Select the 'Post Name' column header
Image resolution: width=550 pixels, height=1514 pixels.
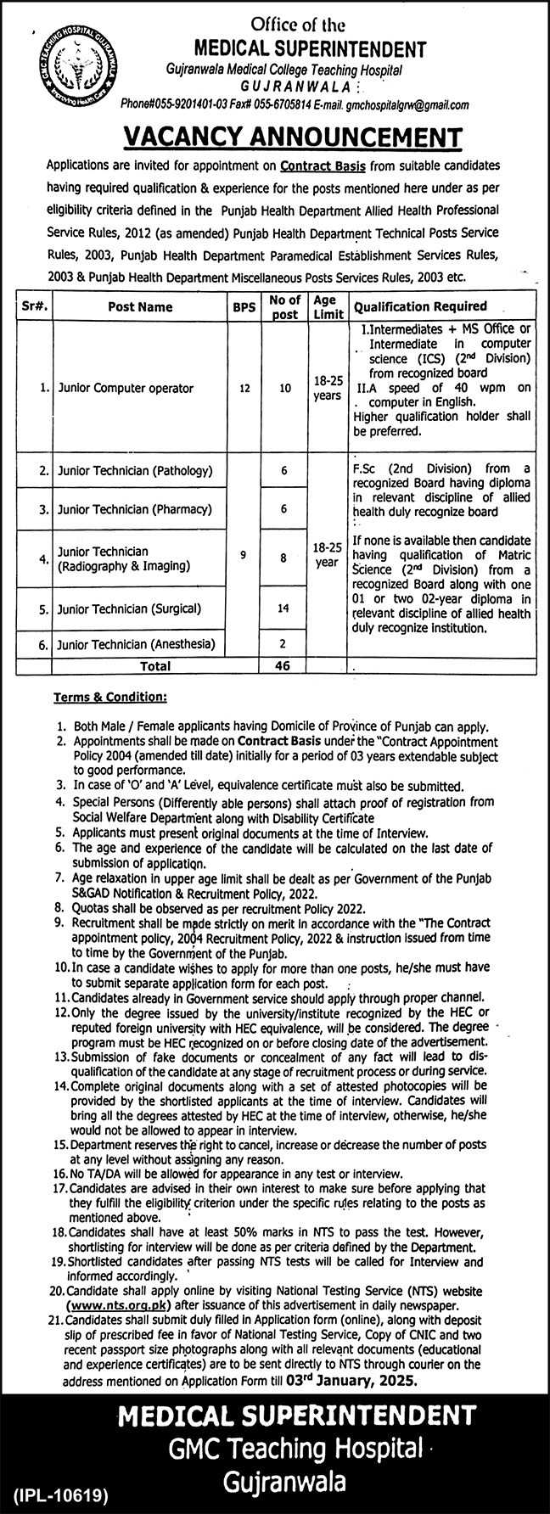(x=140, y=307)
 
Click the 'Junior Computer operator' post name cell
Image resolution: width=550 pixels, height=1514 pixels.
(x=126, y=388)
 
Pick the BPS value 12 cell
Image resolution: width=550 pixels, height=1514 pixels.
(x=244, y=388)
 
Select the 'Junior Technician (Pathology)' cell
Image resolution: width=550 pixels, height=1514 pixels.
(x=134, y=469)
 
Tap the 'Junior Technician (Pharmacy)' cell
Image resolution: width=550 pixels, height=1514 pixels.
(x=134, y=510)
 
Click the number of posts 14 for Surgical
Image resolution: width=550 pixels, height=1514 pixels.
(x=283, y=608)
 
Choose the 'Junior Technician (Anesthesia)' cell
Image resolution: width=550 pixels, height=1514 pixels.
(x=136, y=644)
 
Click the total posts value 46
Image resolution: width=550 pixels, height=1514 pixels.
(x=283, y=665)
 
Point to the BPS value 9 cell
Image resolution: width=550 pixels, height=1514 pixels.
(x=244, y=555)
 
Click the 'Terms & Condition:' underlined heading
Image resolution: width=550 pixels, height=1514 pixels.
(x=110, y=697)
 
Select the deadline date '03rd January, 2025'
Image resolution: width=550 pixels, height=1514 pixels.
(x=367, y=1381)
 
